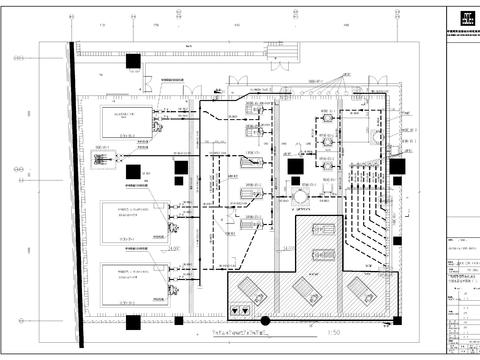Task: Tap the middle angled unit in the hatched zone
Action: pos(304,290)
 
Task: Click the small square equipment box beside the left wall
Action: pos(103,158)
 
